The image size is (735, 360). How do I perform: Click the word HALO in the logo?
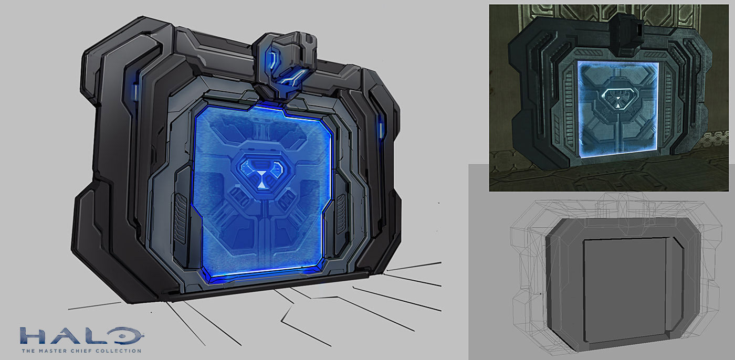click(82, 336)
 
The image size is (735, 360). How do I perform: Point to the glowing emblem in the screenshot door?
click(618, 98)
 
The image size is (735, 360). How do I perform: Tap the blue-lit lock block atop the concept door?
click(285, 65)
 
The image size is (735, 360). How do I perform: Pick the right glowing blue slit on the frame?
click(381, 129)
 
